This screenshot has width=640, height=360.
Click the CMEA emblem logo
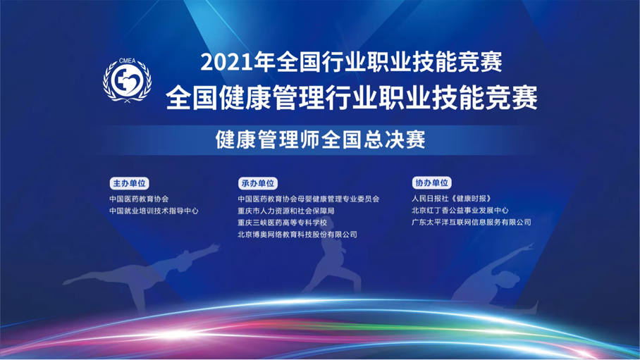(127, 80)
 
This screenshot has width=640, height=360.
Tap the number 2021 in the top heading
(226, 63)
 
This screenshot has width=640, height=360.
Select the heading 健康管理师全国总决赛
(321, 139)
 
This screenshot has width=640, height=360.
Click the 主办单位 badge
(129, 183)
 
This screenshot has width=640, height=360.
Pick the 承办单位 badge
(257, 183)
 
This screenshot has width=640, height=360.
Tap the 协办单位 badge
(431, 183)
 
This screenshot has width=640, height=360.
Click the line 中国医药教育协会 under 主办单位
(139, 199)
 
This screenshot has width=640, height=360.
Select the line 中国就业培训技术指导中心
(154, 211)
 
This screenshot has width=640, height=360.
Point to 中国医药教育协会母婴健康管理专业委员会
(309, 199)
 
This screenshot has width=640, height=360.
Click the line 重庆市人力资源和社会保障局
(286, 211)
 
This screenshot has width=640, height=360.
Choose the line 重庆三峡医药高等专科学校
(283, 223)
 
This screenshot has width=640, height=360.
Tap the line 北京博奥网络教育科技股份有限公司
(297, 235)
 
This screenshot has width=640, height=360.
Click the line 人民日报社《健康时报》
(451, 199)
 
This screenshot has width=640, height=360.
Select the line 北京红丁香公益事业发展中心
(460, 211)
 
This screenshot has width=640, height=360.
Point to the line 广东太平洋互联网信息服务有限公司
(472, 223)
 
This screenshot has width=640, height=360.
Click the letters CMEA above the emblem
(128, 61)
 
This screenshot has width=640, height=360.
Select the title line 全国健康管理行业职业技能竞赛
(352, 98)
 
